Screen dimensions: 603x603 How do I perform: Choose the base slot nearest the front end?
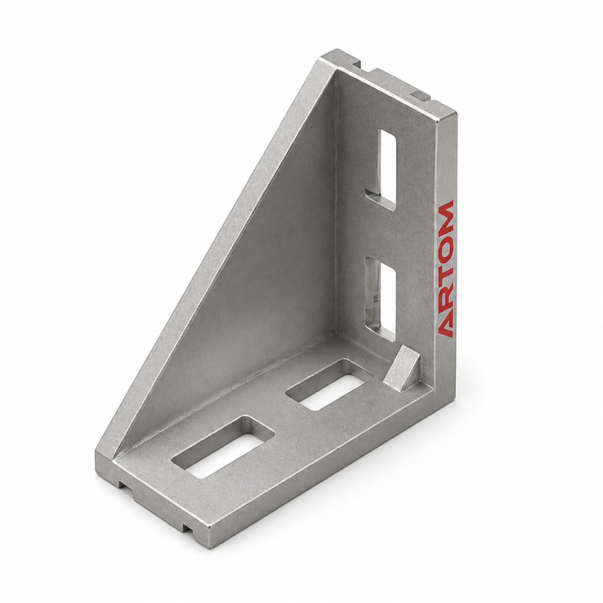tap(223, 447)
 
